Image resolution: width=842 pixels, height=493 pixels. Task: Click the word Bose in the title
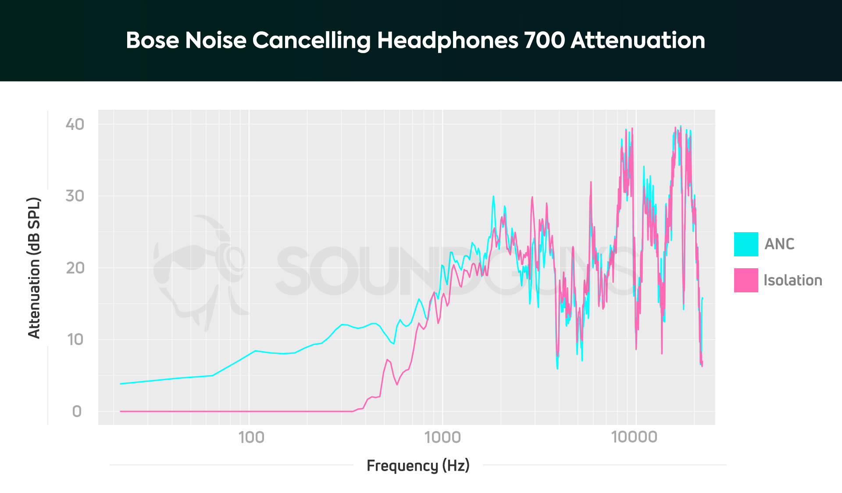152,40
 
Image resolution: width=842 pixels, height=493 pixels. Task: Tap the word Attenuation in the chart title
638,40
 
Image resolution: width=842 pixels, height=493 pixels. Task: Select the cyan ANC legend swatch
746,244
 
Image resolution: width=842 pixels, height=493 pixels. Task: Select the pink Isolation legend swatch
746,280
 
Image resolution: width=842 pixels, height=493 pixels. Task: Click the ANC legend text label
779,244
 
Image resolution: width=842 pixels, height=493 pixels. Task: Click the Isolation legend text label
792,280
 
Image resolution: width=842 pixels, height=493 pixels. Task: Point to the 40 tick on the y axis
75,124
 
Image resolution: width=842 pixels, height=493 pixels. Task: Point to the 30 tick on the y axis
75,196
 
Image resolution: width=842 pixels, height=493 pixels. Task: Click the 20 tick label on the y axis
75,268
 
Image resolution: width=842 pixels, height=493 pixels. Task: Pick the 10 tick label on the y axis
75,339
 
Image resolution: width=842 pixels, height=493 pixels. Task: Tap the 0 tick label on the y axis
77,411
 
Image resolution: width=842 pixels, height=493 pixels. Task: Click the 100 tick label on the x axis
251,437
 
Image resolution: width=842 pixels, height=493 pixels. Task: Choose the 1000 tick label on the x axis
442,437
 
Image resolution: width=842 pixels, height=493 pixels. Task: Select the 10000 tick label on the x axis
634,437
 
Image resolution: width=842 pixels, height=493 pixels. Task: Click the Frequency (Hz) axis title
418,465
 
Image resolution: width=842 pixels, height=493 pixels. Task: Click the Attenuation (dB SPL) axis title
34,268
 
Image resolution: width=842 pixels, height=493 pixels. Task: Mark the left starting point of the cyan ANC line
121,384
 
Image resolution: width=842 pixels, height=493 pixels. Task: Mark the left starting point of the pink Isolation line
121,411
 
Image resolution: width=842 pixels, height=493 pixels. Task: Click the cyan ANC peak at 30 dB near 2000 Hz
493,197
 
